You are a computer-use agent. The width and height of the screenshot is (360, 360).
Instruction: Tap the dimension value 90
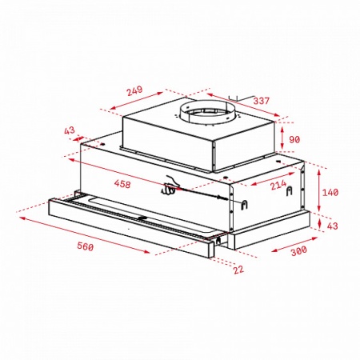point(294,141)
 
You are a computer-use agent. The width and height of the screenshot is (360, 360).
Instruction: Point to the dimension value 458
point(122,185)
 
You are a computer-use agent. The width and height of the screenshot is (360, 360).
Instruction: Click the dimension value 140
point(330,192)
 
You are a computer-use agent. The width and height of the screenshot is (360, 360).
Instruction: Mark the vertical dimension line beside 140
point(319,192)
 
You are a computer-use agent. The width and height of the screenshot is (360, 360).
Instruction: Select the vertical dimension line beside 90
point(284,140)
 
